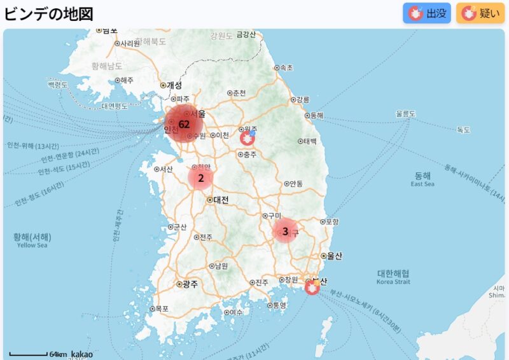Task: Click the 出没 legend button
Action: (x=427, y=13)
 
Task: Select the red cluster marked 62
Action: (x=184, y=124)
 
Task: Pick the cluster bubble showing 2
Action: (x=200, y=178)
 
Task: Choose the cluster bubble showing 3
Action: (x=285, y=231)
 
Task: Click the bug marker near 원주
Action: (x=248, y=137)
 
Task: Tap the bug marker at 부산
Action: (x=312, y=287)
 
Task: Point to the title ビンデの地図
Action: (x=49, y=14)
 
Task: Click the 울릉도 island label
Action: (x=405, y=114)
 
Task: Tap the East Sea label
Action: (x=422, y=184)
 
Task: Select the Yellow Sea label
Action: (x=32, y=245)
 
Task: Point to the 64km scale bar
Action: (x=29, y=354)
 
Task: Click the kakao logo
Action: (x=81, y=354)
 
